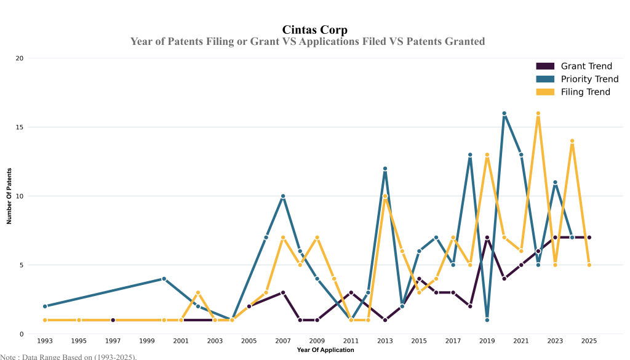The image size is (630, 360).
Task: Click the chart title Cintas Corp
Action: click(x=314, y=30)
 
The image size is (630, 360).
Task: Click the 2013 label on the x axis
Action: click(x=385, y=340)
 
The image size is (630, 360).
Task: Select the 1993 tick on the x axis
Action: click(x=45, y=340)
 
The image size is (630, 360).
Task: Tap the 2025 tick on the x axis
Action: click(x=589, y=340)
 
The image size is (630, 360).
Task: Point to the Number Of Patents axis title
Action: click(x=9, y=196)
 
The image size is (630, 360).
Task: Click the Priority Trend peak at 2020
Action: click(x=504, y=113)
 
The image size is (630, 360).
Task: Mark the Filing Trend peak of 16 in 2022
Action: click(x=538, y=113)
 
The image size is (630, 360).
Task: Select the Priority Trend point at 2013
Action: click(x=385, y=169)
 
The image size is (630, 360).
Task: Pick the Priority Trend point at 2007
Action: click(x=283, y=196)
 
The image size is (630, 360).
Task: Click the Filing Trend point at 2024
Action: click(x=572, y=141)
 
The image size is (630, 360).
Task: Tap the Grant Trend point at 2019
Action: click(x=487, y=238)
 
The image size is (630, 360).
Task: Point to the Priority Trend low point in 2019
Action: click(x=487, y=320)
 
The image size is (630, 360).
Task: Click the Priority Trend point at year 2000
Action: click(x=164, y=279)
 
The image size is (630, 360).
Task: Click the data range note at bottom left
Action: click(x=68, y=356)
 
